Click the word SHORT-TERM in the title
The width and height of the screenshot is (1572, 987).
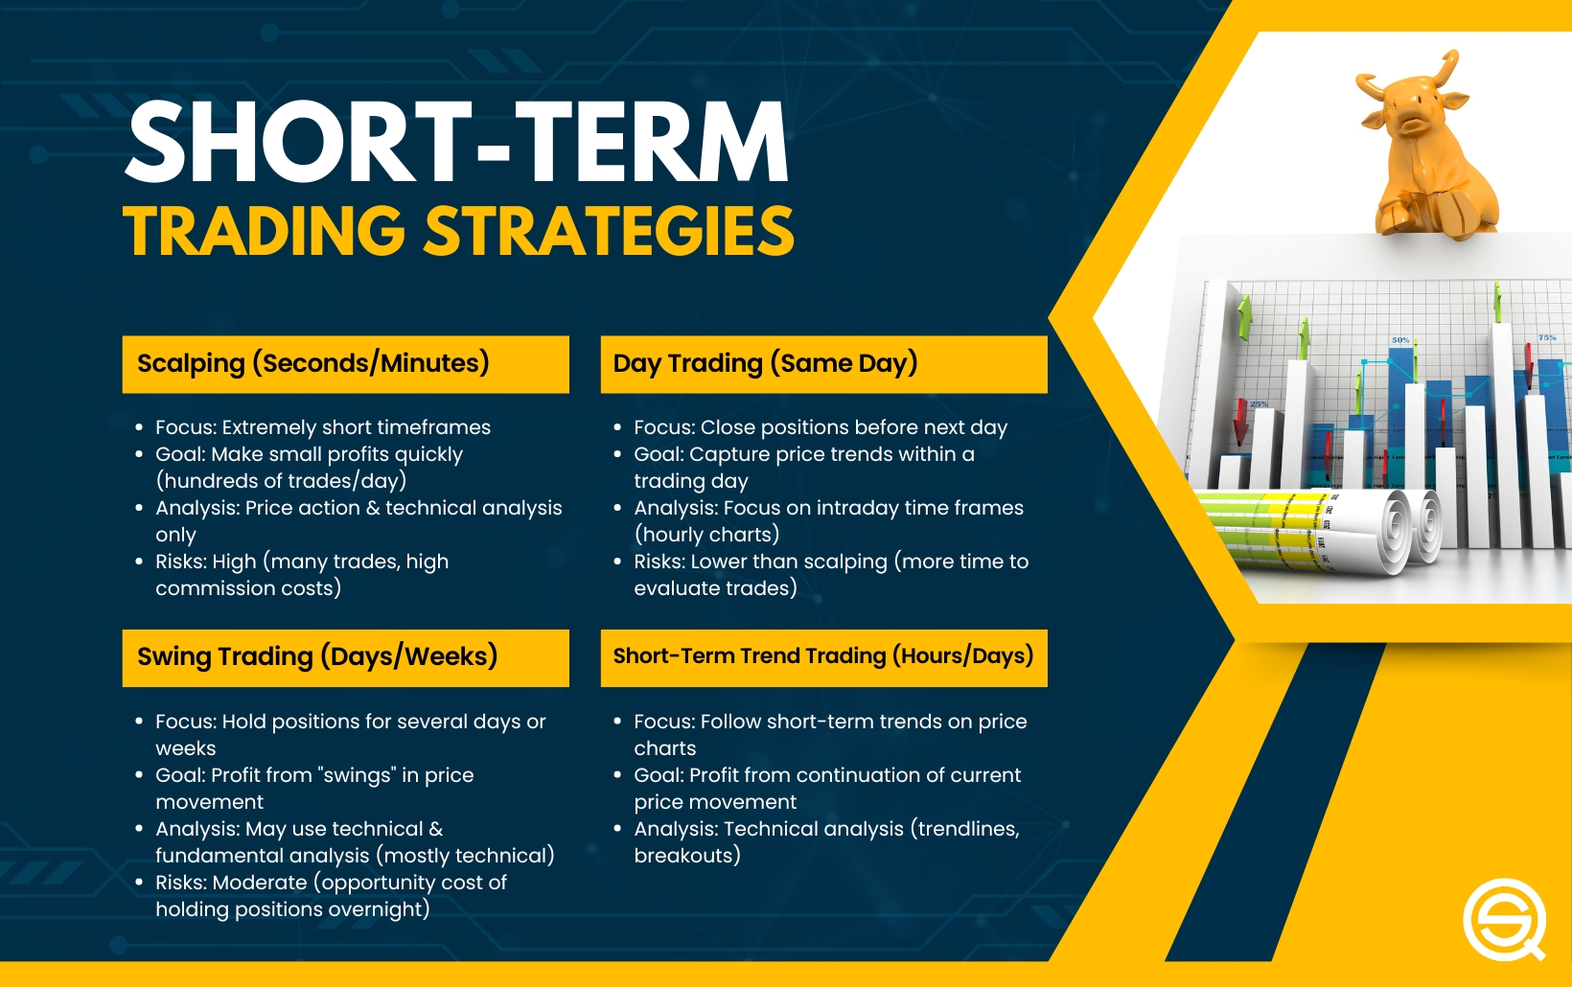pos(457,143)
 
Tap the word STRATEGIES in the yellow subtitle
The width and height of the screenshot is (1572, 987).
pos(610,232)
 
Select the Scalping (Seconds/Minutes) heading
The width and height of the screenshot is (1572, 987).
pos(313,363)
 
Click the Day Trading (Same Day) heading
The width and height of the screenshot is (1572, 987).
pos(765,363)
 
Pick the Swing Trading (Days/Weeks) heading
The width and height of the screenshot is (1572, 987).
pos(317,656)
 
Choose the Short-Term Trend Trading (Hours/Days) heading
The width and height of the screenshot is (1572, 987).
pos(823,655)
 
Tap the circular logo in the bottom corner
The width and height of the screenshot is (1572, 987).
pos(1504,919)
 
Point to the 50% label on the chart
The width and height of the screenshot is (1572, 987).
pos(1400,340)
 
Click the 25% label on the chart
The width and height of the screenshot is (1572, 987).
pos(1259,404)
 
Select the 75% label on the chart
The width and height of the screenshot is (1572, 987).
pos(1547,337)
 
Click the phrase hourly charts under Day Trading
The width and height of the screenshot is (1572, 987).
pos(707,535)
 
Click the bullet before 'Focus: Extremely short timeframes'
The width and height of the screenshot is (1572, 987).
pos(139,427)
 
